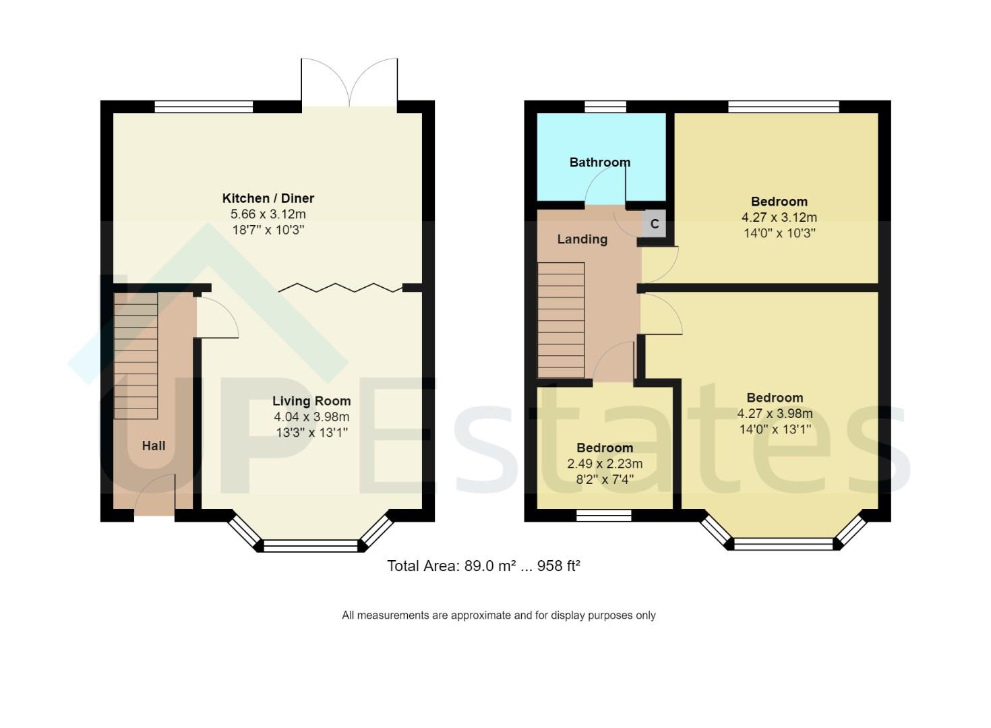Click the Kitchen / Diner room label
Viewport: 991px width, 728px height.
coord(268,198)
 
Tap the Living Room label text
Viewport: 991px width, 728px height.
coord(311,401)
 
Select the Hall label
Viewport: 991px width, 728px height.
coord(154,446)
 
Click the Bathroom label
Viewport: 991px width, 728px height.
coord(599,162)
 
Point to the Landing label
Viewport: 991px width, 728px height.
coord(582,239)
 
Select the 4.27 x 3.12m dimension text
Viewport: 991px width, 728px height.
coord(779,218)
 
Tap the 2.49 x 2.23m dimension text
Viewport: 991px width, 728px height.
coord(605,464)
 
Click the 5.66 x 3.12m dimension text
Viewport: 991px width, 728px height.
coord(268,214)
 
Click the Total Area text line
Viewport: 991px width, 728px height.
coord(483,566)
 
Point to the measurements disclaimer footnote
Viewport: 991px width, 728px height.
coord(498,615)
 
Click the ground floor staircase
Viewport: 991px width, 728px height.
coord(136,355)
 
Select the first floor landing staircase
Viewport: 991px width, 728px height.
coord(560,320)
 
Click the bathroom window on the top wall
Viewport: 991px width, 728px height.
coord(605,106)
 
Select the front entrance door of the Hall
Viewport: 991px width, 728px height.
coord(155,497)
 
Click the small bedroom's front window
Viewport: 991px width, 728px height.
coord(603,516)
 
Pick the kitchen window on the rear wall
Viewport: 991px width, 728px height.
coord(204,106)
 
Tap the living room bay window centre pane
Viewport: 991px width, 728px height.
coord(311,545)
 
